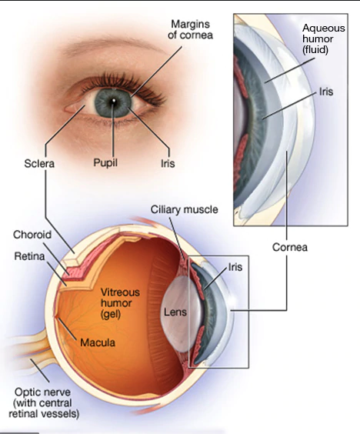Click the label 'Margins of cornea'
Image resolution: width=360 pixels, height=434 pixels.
click(x=190, y=29)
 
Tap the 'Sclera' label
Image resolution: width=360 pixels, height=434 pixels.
click(x=39, y=163)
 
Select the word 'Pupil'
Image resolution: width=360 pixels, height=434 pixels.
click(x=105, y=162)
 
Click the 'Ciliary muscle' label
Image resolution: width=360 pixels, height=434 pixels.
click(x=185, y=209)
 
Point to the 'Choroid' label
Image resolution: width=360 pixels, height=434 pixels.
click(x=32, y=235)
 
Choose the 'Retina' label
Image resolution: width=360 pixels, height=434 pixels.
click(x=29, y=256)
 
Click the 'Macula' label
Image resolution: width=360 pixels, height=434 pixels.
click(x=98, y=342)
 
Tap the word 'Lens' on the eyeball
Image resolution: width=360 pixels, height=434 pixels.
click(x=175, y=312)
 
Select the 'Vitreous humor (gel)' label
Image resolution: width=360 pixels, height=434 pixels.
click(x=116, y=303)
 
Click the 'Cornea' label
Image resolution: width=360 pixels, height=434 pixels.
click(x=290, y=247)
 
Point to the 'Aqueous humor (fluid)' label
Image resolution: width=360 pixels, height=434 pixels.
click(x=324, y=39)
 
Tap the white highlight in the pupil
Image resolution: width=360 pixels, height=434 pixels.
click(x=113, y=101)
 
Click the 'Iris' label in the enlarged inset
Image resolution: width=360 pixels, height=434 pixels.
click(x=326, y=92)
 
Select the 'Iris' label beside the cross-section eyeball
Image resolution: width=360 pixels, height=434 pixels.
click(x=235, y=267)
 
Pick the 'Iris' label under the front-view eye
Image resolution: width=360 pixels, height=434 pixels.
click(x=168, y=163)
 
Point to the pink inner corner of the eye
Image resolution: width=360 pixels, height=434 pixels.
click(x=72, y=108)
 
